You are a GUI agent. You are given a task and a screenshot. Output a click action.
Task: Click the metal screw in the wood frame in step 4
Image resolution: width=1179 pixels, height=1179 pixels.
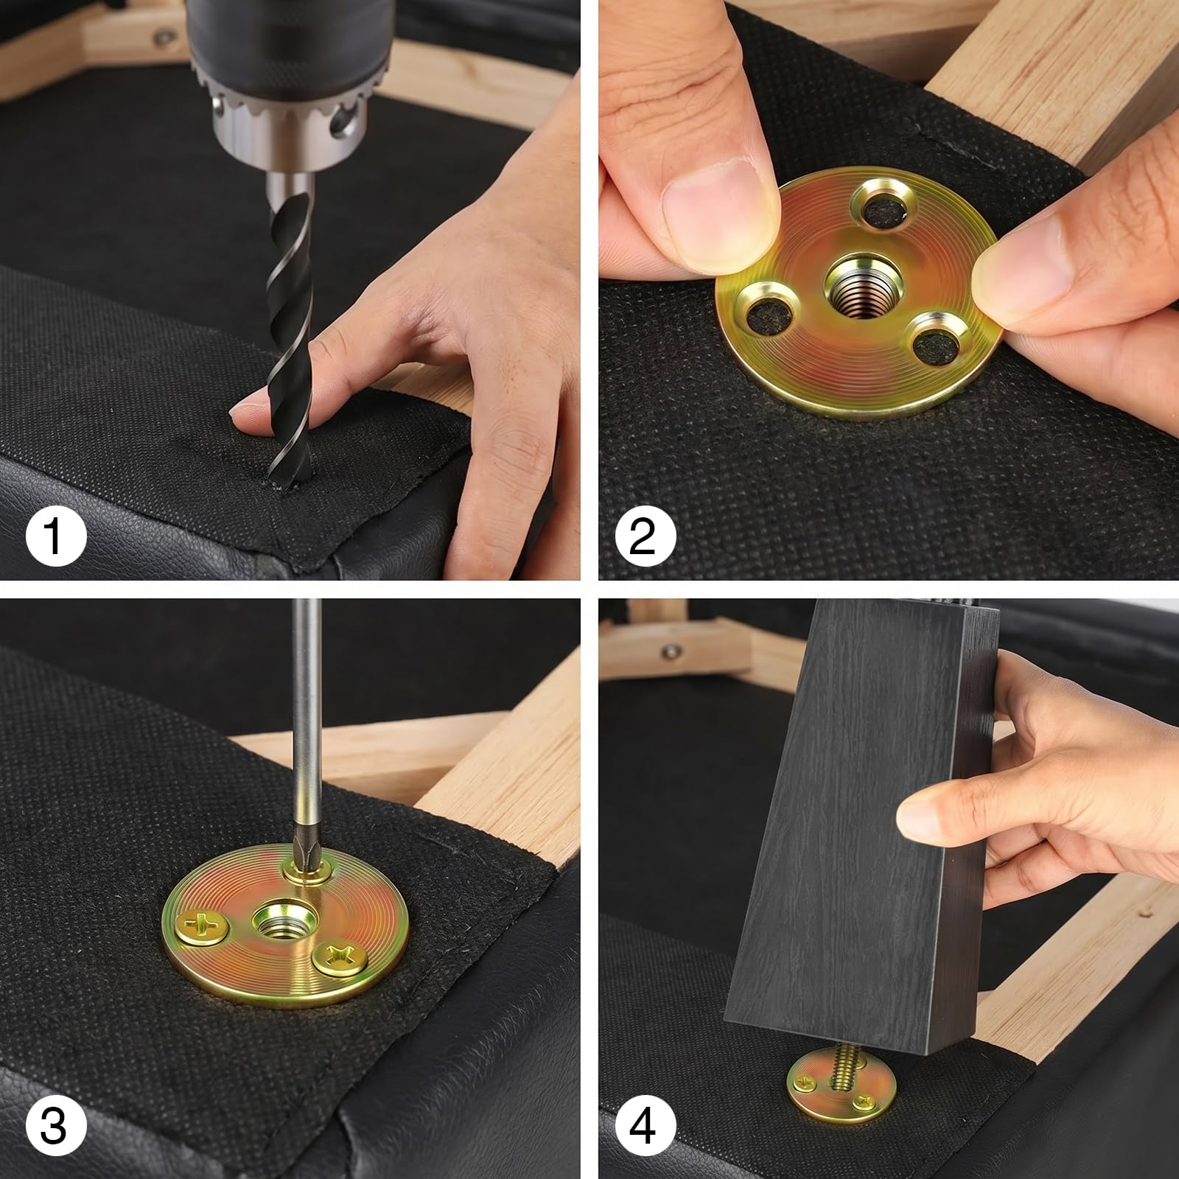[x=671, y=651]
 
